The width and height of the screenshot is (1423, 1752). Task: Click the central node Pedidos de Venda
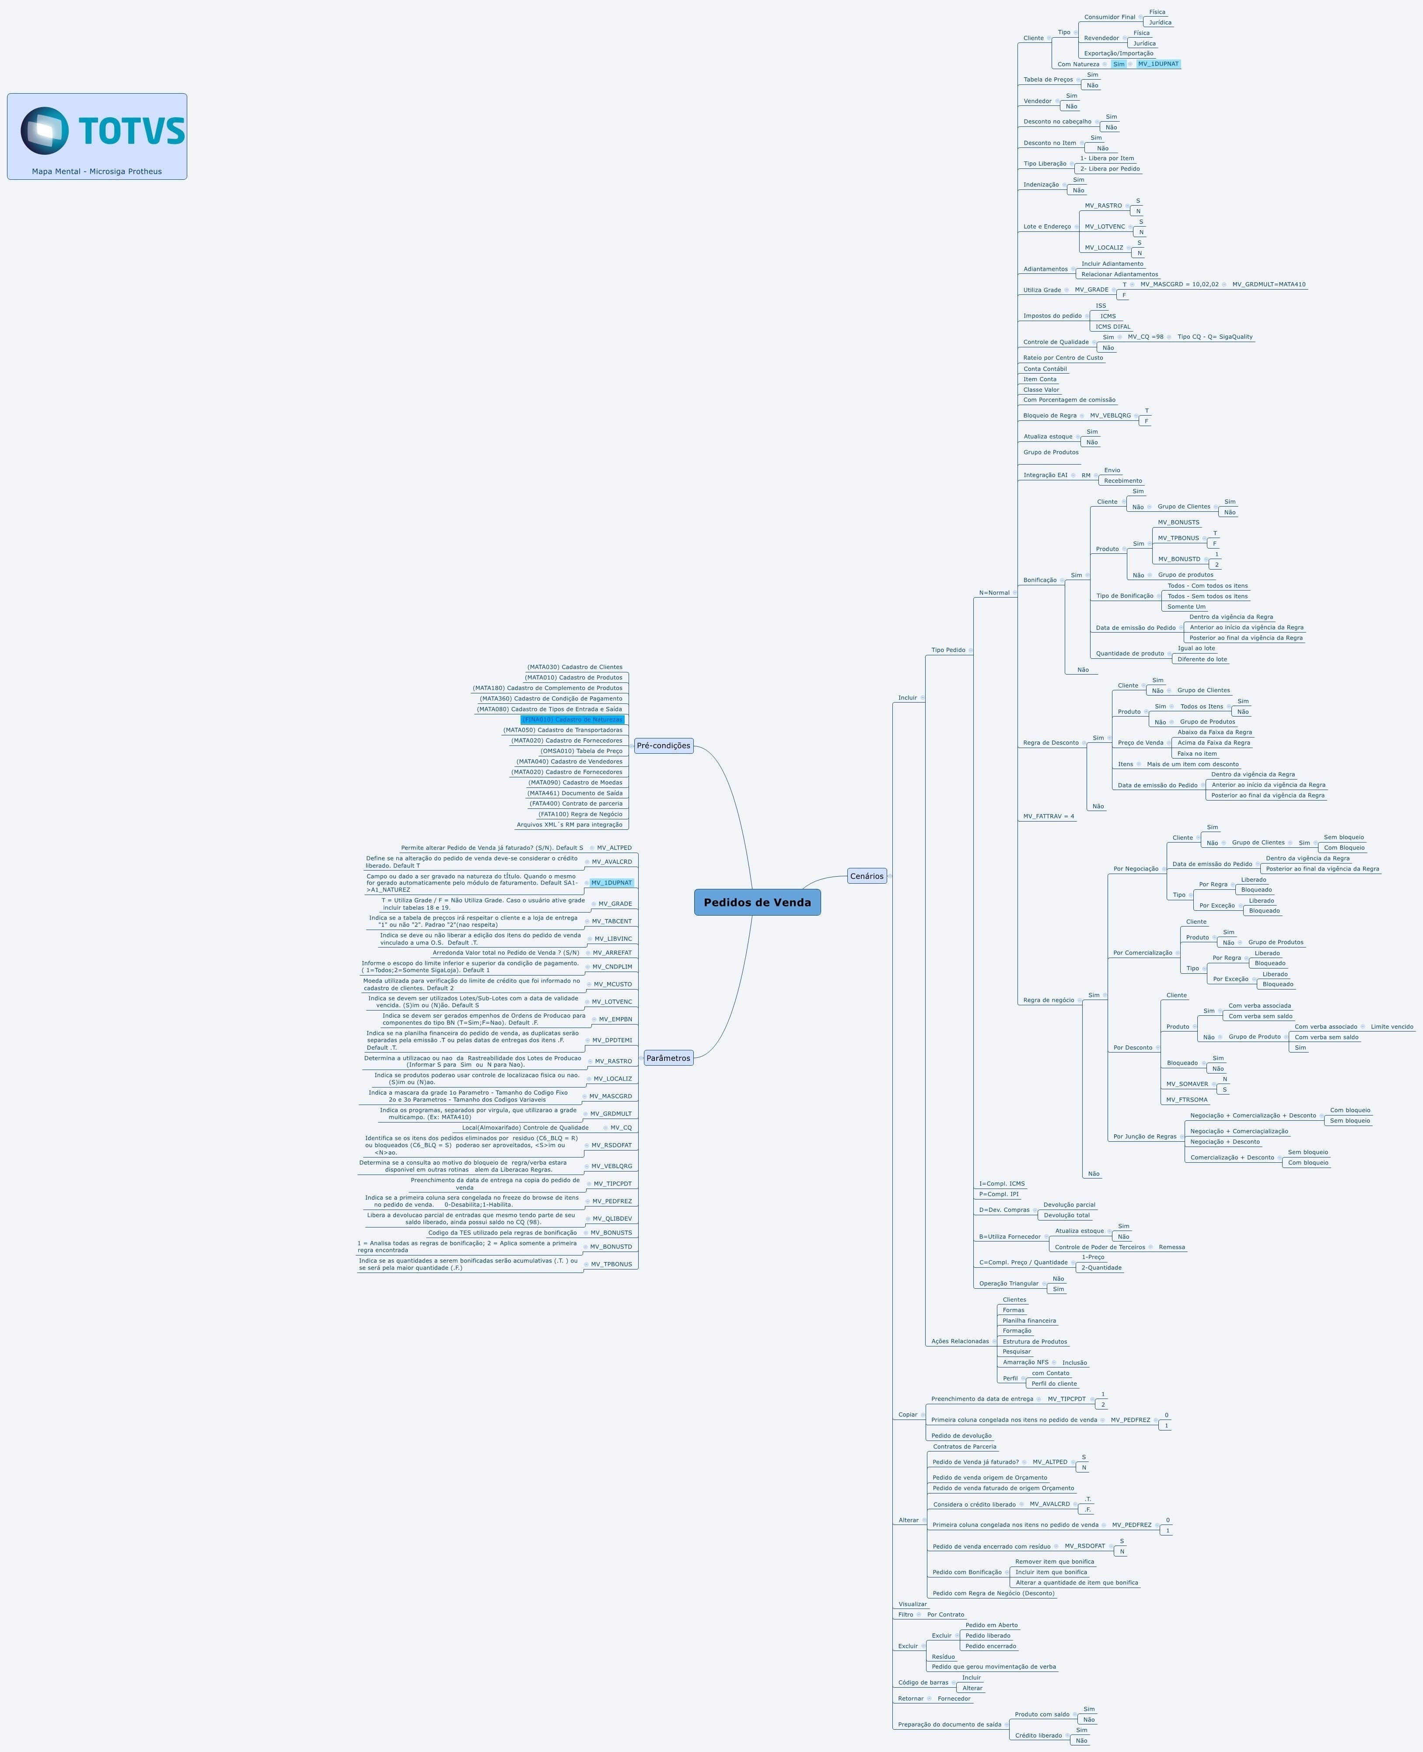pos(757,902)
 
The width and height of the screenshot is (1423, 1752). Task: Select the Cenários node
pos(867,876)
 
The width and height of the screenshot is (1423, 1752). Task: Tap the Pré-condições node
pos(663,745)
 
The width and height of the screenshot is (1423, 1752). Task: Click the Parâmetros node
pos(668,1058)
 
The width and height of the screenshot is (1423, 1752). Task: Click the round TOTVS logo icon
pos(44,130)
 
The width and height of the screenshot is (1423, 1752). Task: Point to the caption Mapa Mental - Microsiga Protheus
pos(97,171)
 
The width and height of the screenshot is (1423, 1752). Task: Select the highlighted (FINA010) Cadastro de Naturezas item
pos(572,719)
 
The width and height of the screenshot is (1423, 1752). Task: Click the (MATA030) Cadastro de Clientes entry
pos(575,667)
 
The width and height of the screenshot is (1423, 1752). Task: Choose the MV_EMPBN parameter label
pos(615,1019)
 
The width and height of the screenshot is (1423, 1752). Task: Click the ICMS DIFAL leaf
pos(1112,326)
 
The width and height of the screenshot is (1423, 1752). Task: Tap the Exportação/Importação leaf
pos(1118,53)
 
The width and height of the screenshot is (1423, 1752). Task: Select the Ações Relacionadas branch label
pos(960,1341)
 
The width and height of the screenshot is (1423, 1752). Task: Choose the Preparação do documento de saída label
pos(949,1724)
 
